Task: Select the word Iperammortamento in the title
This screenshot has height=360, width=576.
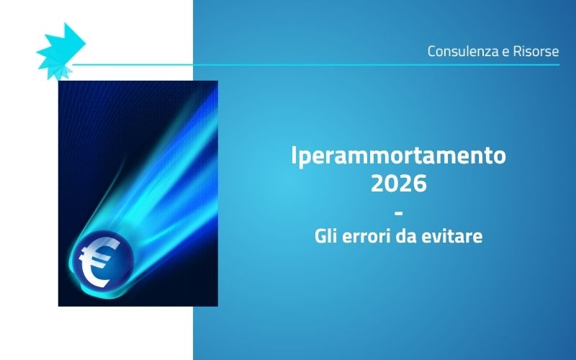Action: (x=398, y=155)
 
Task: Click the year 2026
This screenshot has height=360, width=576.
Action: (x=398, y=184)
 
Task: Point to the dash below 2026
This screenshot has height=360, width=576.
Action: (x=398, y=210)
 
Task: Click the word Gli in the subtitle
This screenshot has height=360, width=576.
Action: (x=327, y=235)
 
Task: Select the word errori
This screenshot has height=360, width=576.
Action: (x=365, y=235)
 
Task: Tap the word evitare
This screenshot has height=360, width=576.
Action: (x=455, y=235)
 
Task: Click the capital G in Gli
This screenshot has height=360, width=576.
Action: (x=320, y=235)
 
